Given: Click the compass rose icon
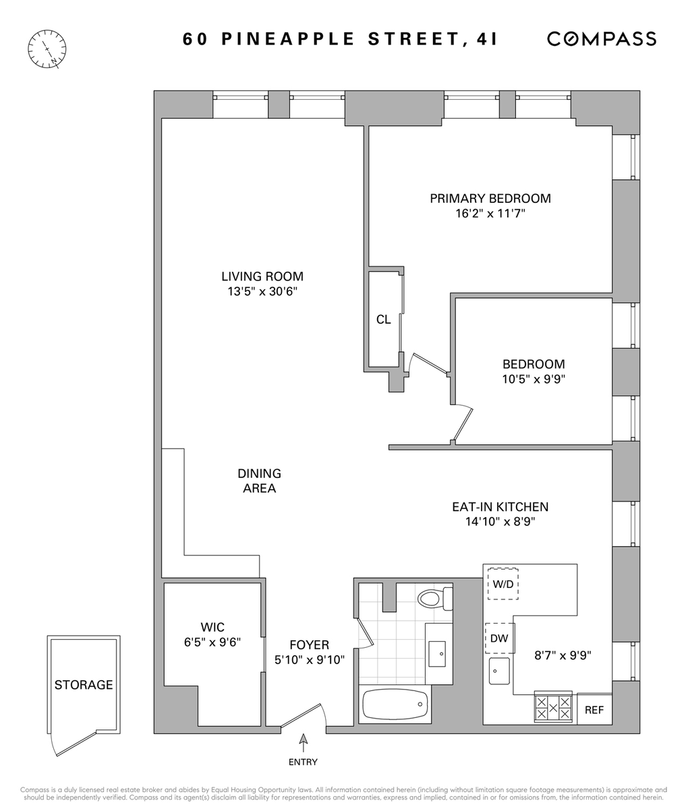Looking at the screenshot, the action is [x=47, y=49].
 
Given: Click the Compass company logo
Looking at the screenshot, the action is [x=602, y=38].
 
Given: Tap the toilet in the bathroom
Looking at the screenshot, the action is [x=435, y=599].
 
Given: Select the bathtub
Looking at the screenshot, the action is [x=395, y=704].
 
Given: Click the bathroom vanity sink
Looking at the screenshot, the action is [x=437, y=654].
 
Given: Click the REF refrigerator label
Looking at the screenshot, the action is [x=594, y=710].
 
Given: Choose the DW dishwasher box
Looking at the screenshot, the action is [x=500, y=638].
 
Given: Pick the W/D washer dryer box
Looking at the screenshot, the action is [x=503, y=584].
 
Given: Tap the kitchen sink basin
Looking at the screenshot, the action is [x=499, y=671].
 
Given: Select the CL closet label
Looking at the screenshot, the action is [x=383, y=320].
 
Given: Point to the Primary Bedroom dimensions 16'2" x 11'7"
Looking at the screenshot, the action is [x=490, y=213].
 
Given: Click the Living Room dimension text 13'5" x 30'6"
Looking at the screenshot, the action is [x=263, y=291].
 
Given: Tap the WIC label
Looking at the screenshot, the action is [x=212, y=627].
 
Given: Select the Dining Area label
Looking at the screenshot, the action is [x=259, y=481].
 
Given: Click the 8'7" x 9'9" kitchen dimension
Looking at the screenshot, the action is [x=563, y=655].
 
